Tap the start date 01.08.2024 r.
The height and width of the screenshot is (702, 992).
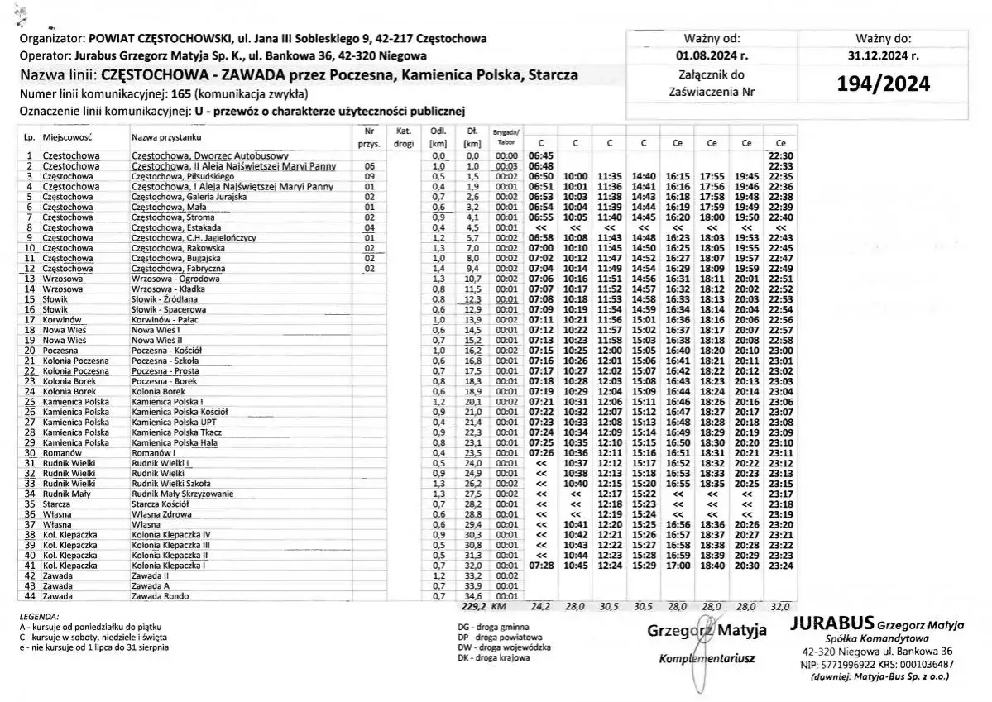tap(712, 56)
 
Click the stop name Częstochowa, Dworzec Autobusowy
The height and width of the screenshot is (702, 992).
tap(209, 155)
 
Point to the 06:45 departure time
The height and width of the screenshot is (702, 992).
tap(540, 155)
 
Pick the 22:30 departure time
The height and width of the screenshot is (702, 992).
tap(781, 155)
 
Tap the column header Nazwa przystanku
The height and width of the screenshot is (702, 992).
tap(165, 136)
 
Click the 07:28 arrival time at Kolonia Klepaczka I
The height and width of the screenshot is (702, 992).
tap(540, 566)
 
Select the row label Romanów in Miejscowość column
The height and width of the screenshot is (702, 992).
tap(60, 452)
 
